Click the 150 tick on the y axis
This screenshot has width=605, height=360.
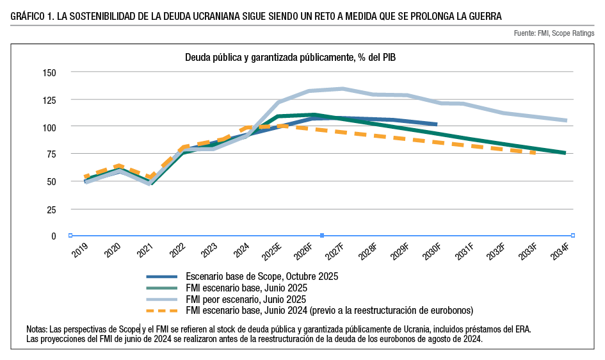pyautogui.click(x=49, y=72)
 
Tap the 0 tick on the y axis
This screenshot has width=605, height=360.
pyautogui.click(x=54, y=236)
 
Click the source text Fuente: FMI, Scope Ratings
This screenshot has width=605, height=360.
pyautogui.click(x=554, y=33)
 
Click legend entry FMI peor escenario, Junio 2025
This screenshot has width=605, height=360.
pyautogui.click(x=245, y=299)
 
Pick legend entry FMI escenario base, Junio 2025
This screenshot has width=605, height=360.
pyautogui.click(x=246, y=288)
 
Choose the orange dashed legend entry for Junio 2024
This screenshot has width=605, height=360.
pyautogui.click(x=329, y=311)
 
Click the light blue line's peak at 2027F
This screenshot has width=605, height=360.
pyautogui.click(x=343, y=88)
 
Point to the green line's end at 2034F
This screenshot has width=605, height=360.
pyautogui.click(x=565, y=152)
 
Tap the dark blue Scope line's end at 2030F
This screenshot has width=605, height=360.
pyautogui.click(x=437, y=124)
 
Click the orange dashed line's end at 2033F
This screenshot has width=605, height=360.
pyautogui.click(x=535, y=152)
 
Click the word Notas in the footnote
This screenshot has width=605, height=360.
pyautogui.click(x=37, y=329)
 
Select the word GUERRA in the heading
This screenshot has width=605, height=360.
pyautogui.click(x=484, y=15)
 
